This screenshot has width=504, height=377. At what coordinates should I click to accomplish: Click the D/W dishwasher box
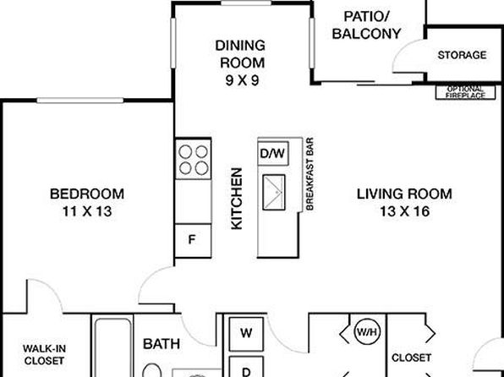[x=273, y=154]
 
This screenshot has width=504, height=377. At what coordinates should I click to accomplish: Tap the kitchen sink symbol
[x=274, y=193]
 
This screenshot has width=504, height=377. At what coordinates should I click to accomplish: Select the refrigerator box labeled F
[x=193, y=240]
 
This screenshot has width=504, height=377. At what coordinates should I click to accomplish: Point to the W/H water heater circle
[x=367, y=331]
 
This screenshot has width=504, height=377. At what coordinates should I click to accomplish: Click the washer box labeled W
[x=246, y=334]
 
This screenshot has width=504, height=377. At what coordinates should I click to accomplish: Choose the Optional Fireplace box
[x=465, y=92]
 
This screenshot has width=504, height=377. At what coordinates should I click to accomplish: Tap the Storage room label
[x=462, y=55]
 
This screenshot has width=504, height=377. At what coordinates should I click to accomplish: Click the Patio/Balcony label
[x=366, y=25]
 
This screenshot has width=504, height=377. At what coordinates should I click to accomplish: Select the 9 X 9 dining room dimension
[x=242, y=80]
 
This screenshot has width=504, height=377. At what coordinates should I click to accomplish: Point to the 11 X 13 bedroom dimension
[x=87, y=211]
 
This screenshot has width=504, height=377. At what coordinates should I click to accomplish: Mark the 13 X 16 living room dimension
[x=405, y=211]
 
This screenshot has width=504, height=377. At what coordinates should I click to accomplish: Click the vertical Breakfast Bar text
[x=310, y=174]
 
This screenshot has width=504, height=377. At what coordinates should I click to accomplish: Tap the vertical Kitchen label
[x=237, y=199]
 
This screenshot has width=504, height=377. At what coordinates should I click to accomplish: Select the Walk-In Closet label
[x=44, y=354]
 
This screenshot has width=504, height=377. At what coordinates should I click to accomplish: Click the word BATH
[x=162, y=344]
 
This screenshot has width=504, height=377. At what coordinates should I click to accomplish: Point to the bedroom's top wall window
[x=80, y=101]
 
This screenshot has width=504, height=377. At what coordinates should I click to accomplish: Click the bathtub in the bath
[x=112, y=347]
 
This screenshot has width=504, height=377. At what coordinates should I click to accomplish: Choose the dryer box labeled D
[x=246, y=367]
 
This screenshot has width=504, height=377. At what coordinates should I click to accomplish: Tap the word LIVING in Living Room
[x=380, y=194]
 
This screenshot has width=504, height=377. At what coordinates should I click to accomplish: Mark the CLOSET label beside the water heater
[x=412, y=358]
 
